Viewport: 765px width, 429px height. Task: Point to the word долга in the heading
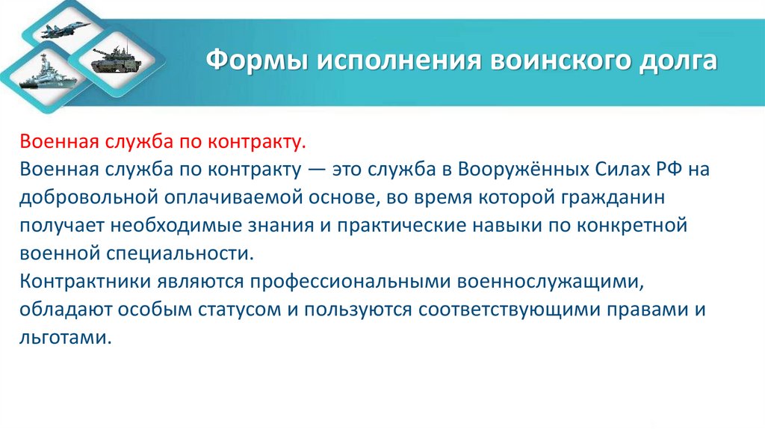pos(679,59)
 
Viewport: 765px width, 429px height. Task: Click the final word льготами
pos(66,337)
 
